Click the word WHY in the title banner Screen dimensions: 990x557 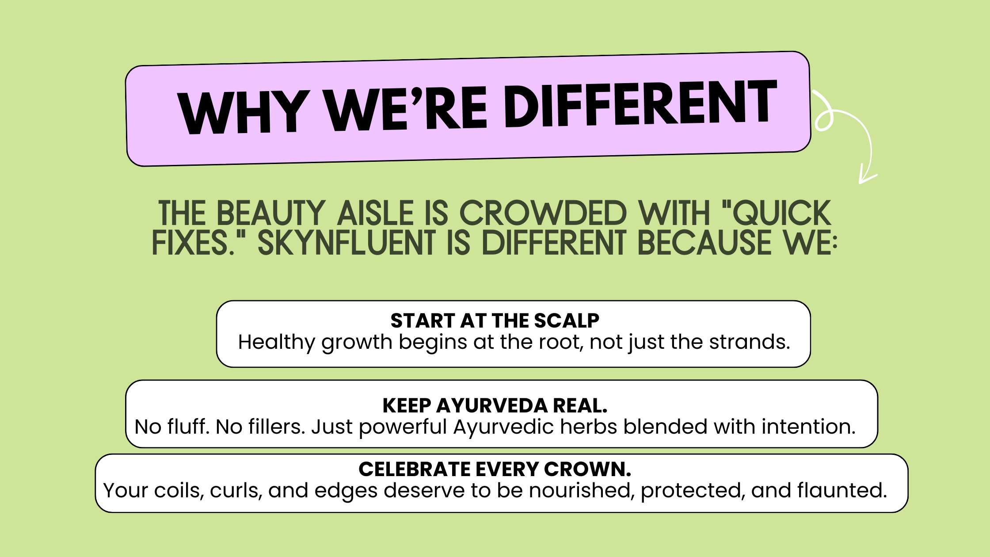pyautogui.click(x=244, y=112)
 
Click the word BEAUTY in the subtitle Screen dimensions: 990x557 pyautogui.click(x=270, y=213)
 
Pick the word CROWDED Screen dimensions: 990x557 pyautogui.click(x=543, y=213)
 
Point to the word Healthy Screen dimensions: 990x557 pyautogui.click(x=277, y=343)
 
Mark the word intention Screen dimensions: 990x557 pyautogui.click(x=808, y=427)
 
